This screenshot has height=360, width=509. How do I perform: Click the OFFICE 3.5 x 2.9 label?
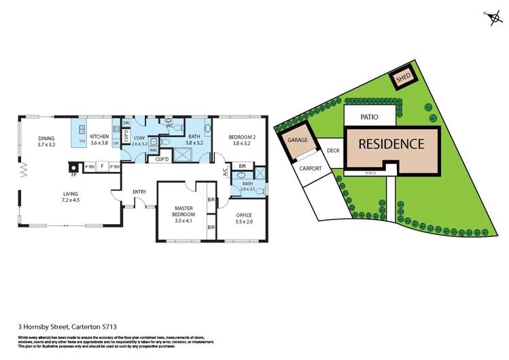[x=241, y=217]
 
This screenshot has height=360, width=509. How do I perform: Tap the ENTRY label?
[x=139, y=192]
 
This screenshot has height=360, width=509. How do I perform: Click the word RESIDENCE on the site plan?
[x=391, y=144]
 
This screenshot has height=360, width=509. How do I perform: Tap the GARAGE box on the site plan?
[x=298, y=140]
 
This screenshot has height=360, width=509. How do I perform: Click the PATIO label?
[x=369, y=117]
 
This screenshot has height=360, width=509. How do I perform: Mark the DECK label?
[x=333, y=151]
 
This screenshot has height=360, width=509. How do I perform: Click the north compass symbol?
[x=491, y=17]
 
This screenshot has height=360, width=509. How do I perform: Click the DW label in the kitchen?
[x=82, y=141]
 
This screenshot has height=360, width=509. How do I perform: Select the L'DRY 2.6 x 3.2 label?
[x=139, y=141]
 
